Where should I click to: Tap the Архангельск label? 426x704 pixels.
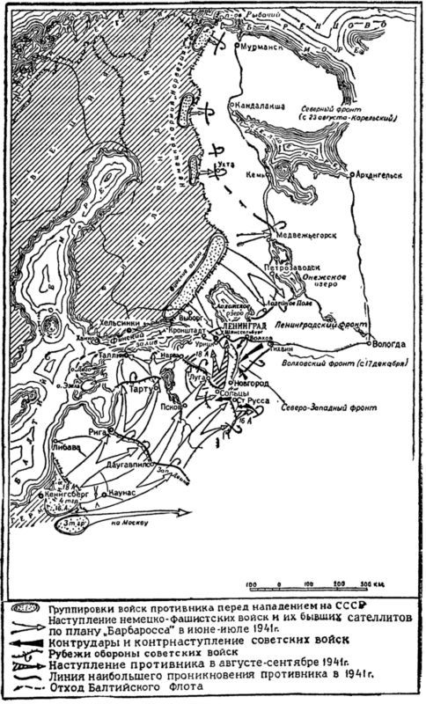coord(380,175)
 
